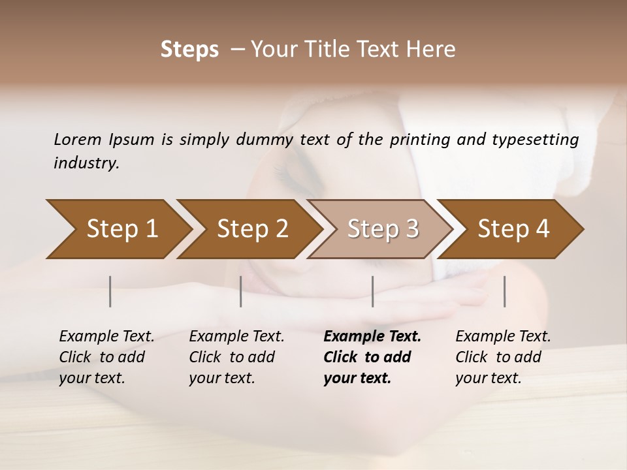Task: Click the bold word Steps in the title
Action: (x=189, y=50)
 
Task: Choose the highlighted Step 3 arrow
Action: (x=383, y=229)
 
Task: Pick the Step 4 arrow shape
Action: (x=513, y=229)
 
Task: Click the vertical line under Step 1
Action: (x=110, y=291)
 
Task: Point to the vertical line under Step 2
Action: (x=241, y=291)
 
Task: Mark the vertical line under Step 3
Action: (x=372, y=291)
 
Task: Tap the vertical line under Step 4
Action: (x=504, y=291)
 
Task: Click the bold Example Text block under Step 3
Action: (x=372, y=357)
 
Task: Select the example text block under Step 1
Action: (x=106, y=357)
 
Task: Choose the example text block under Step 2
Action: (x=236, y=357)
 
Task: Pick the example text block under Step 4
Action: (x=503, y=357)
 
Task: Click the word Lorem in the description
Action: (x=78, y=139)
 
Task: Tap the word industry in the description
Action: (x=86, y=163)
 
